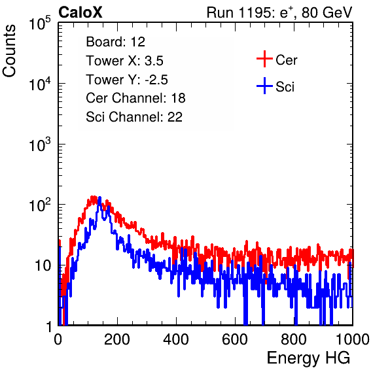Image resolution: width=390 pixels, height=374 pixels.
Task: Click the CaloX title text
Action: [80, 12]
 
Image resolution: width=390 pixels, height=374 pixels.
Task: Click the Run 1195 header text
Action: [279, 12]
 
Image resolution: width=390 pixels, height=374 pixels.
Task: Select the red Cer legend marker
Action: [264, 59]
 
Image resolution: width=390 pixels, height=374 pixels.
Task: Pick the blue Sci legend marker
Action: [264, 86]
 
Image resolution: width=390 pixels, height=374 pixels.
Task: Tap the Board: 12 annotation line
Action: [115, 42]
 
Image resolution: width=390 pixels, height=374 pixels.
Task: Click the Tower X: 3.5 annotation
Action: [124, 61]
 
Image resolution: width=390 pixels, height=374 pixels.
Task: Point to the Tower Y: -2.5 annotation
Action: [127, 80]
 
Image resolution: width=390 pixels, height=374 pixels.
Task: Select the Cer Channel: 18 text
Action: [135, 98]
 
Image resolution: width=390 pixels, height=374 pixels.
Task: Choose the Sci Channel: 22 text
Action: [134, 117]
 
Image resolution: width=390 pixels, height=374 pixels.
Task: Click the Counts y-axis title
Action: [9, 51]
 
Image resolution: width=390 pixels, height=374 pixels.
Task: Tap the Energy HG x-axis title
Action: [308, 358]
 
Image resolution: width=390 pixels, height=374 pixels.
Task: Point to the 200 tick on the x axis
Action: [117, 339]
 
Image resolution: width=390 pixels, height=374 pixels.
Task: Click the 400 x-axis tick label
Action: [176, 339]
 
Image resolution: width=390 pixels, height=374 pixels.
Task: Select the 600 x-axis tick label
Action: [235, 339]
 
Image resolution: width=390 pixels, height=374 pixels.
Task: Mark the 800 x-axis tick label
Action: [294, 339]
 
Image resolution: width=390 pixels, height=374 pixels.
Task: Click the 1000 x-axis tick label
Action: [353, 339]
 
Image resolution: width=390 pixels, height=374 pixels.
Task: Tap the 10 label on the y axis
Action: [43, 265]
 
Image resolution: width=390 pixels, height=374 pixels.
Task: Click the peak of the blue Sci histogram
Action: [99, 197]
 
